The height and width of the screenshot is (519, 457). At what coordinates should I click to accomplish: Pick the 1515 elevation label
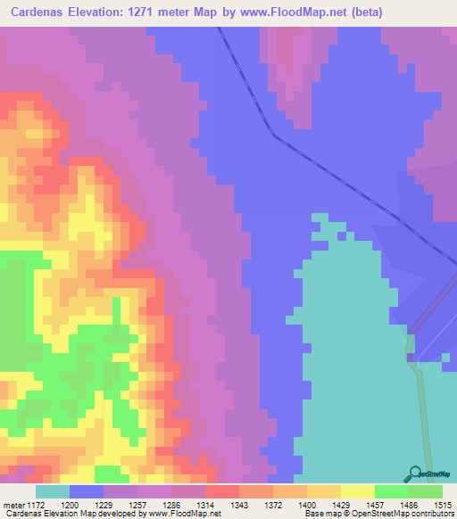444,506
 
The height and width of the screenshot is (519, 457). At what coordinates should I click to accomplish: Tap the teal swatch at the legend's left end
53,491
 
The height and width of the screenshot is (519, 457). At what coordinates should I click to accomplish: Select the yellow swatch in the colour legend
358,491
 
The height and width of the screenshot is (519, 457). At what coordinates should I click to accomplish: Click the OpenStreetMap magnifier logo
416,474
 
